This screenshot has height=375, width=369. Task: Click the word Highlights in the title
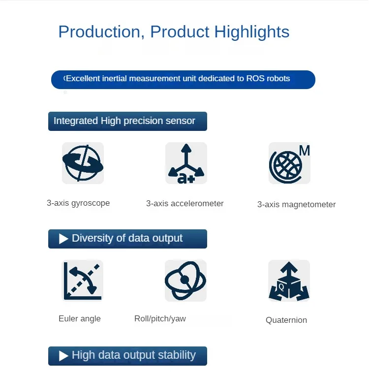point(252,32)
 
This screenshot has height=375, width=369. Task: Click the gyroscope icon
point(83,163)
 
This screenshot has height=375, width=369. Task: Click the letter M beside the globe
point(305,151)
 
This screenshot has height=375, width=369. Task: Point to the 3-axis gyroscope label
point(78,203)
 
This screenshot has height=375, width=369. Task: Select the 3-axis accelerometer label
point(184,204)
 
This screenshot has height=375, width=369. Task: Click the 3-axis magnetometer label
point(296,205)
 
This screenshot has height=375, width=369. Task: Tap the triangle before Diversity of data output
point(63,239)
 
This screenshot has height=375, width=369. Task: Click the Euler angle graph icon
point(83,281)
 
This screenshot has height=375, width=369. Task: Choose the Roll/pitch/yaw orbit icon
point(185,281)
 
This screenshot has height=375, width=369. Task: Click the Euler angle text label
point(80,319)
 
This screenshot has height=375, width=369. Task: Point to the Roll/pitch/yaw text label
point(160,319)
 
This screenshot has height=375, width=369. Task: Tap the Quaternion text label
point(286,320)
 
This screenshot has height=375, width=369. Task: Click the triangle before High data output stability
point(63,356)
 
